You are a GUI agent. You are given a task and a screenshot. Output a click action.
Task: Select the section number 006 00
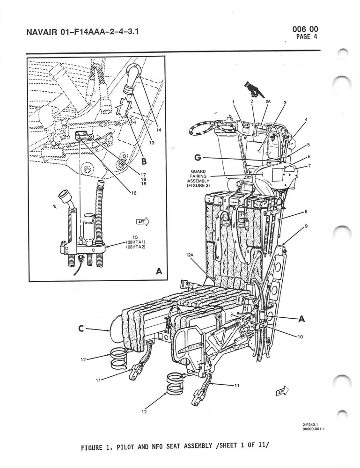(305, 29)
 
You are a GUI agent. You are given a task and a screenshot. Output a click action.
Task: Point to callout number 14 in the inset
(158, 130)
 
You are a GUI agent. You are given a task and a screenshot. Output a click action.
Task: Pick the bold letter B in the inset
(144, 162)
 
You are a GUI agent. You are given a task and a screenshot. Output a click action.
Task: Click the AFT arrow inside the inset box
(142, 222)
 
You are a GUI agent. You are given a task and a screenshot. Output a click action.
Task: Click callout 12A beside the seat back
(189, 255)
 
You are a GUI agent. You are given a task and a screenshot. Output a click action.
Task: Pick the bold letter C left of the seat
(81, 329)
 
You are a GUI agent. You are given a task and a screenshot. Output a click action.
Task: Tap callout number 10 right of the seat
(300, 336)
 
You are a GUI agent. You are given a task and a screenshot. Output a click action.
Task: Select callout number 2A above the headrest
(268, 101)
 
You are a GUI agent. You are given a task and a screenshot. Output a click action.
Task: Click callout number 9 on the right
(306, 227)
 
